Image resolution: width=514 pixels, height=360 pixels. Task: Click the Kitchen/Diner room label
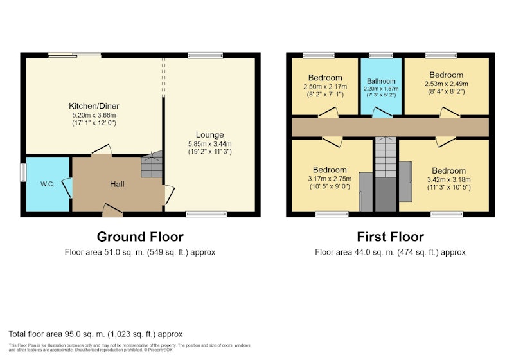coord(94,106)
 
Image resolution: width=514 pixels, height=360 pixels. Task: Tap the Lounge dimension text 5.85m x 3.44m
coord(210,143)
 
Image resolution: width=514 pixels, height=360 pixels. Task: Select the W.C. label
coord(48,184)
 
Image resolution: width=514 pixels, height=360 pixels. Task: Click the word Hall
coord(117,184)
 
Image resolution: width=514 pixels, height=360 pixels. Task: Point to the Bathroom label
coord(381,81)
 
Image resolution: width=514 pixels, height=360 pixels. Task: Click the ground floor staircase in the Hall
coord(152,165)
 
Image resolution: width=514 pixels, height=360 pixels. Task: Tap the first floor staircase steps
coord(385,157)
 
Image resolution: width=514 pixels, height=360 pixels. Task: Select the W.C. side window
coord(23,172)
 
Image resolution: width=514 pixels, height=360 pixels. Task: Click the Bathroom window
coord(380,55)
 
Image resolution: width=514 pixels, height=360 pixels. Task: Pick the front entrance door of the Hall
coord(112,210)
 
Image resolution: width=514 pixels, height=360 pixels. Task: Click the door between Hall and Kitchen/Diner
coord(102,150)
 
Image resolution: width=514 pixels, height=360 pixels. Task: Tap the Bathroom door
coord(382,112)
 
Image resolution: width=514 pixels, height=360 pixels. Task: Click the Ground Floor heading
coord(140,237)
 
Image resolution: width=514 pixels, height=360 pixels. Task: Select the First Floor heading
coord(390,237)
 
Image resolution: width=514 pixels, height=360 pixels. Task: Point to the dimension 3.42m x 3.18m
coord(448,179)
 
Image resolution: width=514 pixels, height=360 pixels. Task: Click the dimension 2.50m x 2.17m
coord(325,87)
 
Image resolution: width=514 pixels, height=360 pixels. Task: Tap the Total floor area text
coord(95,334)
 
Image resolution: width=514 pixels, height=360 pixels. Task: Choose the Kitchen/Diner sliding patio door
coord(75,55)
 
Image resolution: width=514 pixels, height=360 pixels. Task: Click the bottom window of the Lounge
coord(206,214)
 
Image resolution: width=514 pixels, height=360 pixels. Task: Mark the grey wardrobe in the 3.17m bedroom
coord(366,192)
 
